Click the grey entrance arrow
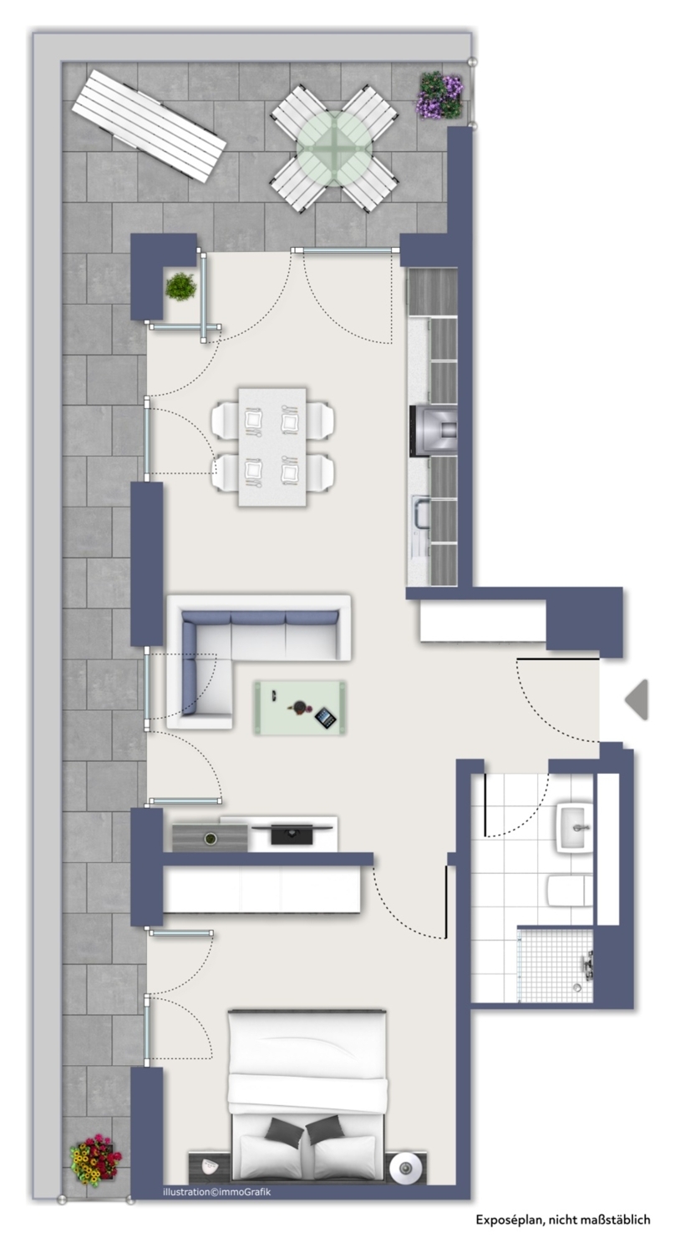637,699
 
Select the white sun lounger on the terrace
149,125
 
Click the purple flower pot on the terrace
439,96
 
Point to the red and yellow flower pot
94,1159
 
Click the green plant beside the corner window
180,286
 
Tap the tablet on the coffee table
324,716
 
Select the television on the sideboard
292,831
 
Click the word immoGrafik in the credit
246,1192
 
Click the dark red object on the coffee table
297,709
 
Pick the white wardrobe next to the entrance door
482,621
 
